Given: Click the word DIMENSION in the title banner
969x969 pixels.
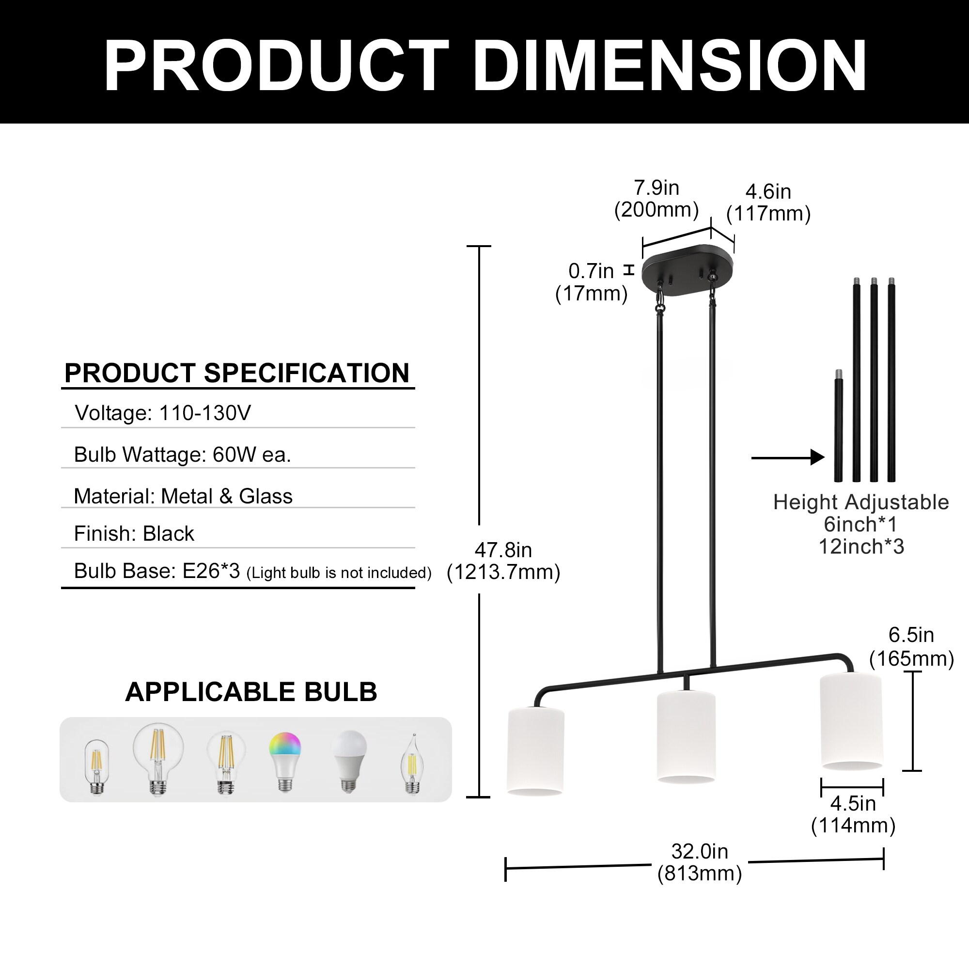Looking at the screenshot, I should click(670, 65).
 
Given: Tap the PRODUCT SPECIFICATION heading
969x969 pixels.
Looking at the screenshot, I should click(237, 373).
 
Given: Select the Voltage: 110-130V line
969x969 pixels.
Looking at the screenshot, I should click(162, 413).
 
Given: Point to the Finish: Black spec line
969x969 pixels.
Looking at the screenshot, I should click(134, 533).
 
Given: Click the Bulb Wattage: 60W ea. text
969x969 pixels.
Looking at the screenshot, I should click(183, 455).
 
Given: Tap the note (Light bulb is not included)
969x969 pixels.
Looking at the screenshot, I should click(339, 573).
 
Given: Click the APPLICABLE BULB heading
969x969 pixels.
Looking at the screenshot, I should click(251, 692).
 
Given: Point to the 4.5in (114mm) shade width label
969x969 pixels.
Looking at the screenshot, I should click(853, 814).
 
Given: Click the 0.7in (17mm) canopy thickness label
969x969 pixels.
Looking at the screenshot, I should click(591, 282).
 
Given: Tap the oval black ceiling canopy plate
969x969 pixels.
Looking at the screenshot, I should click(687, 269).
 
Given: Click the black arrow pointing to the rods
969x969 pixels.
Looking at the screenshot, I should click(787, 457).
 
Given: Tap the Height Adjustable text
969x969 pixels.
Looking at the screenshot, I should click(860, 502).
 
